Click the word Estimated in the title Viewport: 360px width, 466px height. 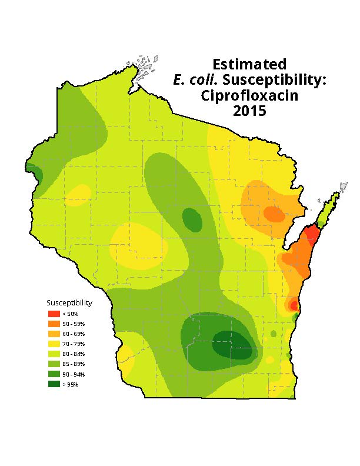click(x=249, y=64)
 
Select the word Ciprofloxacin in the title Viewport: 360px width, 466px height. click(x=249, y=95)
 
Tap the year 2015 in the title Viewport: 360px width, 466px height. click(x=249, y=111)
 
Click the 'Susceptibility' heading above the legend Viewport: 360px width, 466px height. click(x=69, y=303)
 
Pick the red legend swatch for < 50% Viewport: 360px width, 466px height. click(x=54, y=314)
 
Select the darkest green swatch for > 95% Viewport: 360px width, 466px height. click(x=54, y=384)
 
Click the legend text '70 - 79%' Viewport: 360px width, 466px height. click(x=74, y=344)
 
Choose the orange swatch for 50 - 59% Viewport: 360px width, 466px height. click(x=54, y=324)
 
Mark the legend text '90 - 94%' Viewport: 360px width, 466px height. click(x=74, y=374)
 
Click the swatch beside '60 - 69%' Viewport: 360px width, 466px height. click(x=54, y=334)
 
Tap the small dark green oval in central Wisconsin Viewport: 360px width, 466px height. click(x=192, y=219)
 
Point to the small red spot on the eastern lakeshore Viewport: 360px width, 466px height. click(x=294, y=305)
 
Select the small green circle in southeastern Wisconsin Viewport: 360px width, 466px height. click(x=273, y=334)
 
